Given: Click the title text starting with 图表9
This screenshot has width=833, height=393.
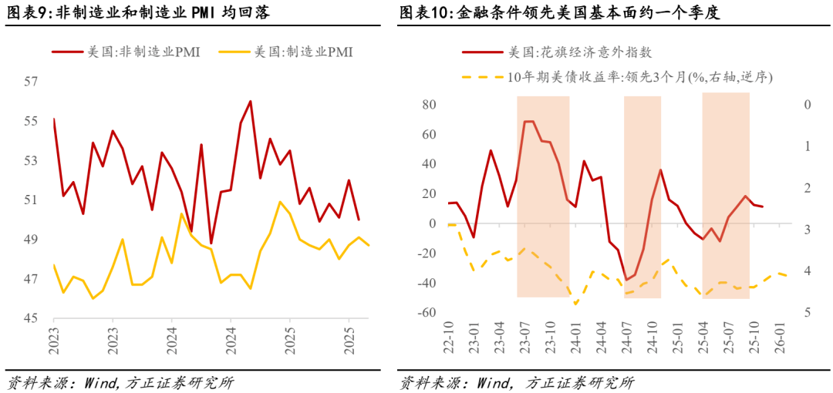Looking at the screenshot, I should click(x=138, y=13).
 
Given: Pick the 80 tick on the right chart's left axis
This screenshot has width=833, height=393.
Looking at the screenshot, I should click(x=430, y=105).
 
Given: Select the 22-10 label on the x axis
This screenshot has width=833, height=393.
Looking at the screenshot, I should click(x=450, y=339).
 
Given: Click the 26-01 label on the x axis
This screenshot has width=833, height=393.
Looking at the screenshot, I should click(x=780, y=339).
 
